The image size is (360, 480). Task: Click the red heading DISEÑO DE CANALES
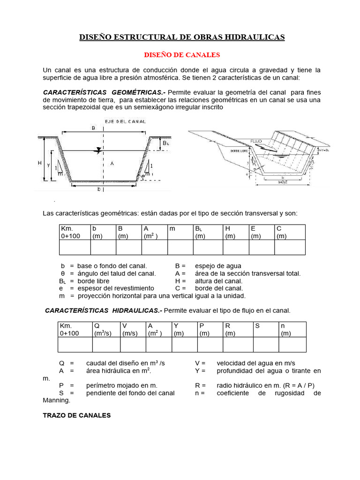click(182, 55)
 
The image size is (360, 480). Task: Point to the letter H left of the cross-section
click(40, 163)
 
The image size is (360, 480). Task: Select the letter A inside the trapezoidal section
click(111, 163)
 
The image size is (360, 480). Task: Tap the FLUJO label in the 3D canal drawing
click(256, 141)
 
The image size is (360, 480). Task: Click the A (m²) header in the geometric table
click(155, 232)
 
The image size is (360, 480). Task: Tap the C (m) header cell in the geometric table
click(290, 232)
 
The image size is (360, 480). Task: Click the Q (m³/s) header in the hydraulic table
click(106, 329)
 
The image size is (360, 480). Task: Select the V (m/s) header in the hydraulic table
click(133, 329)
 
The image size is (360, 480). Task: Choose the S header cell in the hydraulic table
click(266, 329)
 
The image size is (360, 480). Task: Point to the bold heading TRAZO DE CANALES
click(76, 415)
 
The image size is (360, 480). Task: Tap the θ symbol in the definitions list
click(62, 273)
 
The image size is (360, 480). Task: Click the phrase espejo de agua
click(218, 266)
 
